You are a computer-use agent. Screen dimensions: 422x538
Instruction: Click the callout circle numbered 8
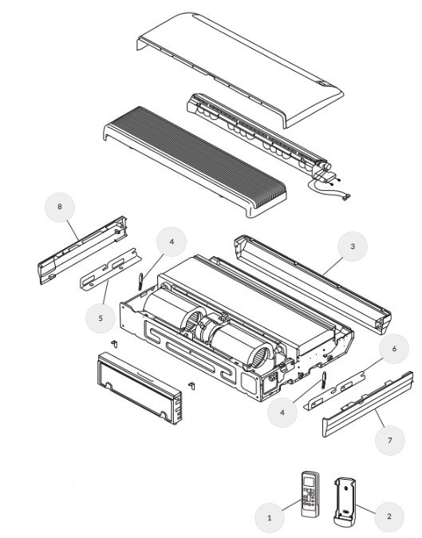[60, 208]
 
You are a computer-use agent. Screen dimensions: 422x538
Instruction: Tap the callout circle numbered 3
[353, 247]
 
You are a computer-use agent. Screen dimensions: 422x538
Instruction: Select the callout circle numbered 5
[101, 318]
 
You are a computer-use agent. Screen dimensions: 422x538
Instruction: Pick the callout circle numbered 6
[394, 349]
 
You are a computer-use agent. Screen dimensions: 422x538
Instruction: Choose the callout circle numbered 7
[390, 440]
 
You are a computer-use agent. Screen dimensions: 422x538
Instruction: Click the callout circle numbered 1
[270, 517]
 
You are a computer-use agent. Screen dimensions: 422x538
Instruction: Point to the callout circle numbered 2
[388, 516]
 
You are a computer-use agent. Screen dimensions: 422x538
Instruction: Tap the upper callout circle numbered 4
[172, 242]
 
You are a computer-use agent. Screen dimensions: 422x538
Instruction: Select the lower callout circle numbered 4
[282, 412]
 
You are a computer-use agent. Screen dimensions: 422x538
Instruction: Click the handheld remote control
[310, 494]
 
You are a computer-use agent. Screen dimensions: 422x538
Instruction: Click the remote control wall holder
[345, 501]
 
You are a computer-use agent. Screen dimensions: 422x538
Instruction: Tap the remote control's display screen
[310, 481]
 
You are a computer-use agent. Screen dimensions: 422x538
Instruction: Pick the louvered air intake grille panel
[195, 161]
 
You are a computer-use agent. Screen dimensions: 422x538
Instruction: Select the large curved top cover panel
[240, 70]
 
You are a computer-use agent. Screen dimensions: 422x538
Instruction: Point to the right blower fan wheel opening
[262, 357]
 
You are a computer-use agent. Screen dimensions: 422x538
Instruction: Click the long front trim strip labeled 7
[368, 404]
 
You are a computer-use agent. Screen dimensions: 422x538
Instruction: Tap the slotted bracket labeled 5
[111, 269]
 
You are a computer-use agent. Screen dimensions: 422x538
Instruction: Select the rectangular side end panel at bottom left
[140, 388]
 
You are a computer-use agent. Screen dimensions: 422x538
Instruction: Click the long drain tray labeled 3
[313, 283]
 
